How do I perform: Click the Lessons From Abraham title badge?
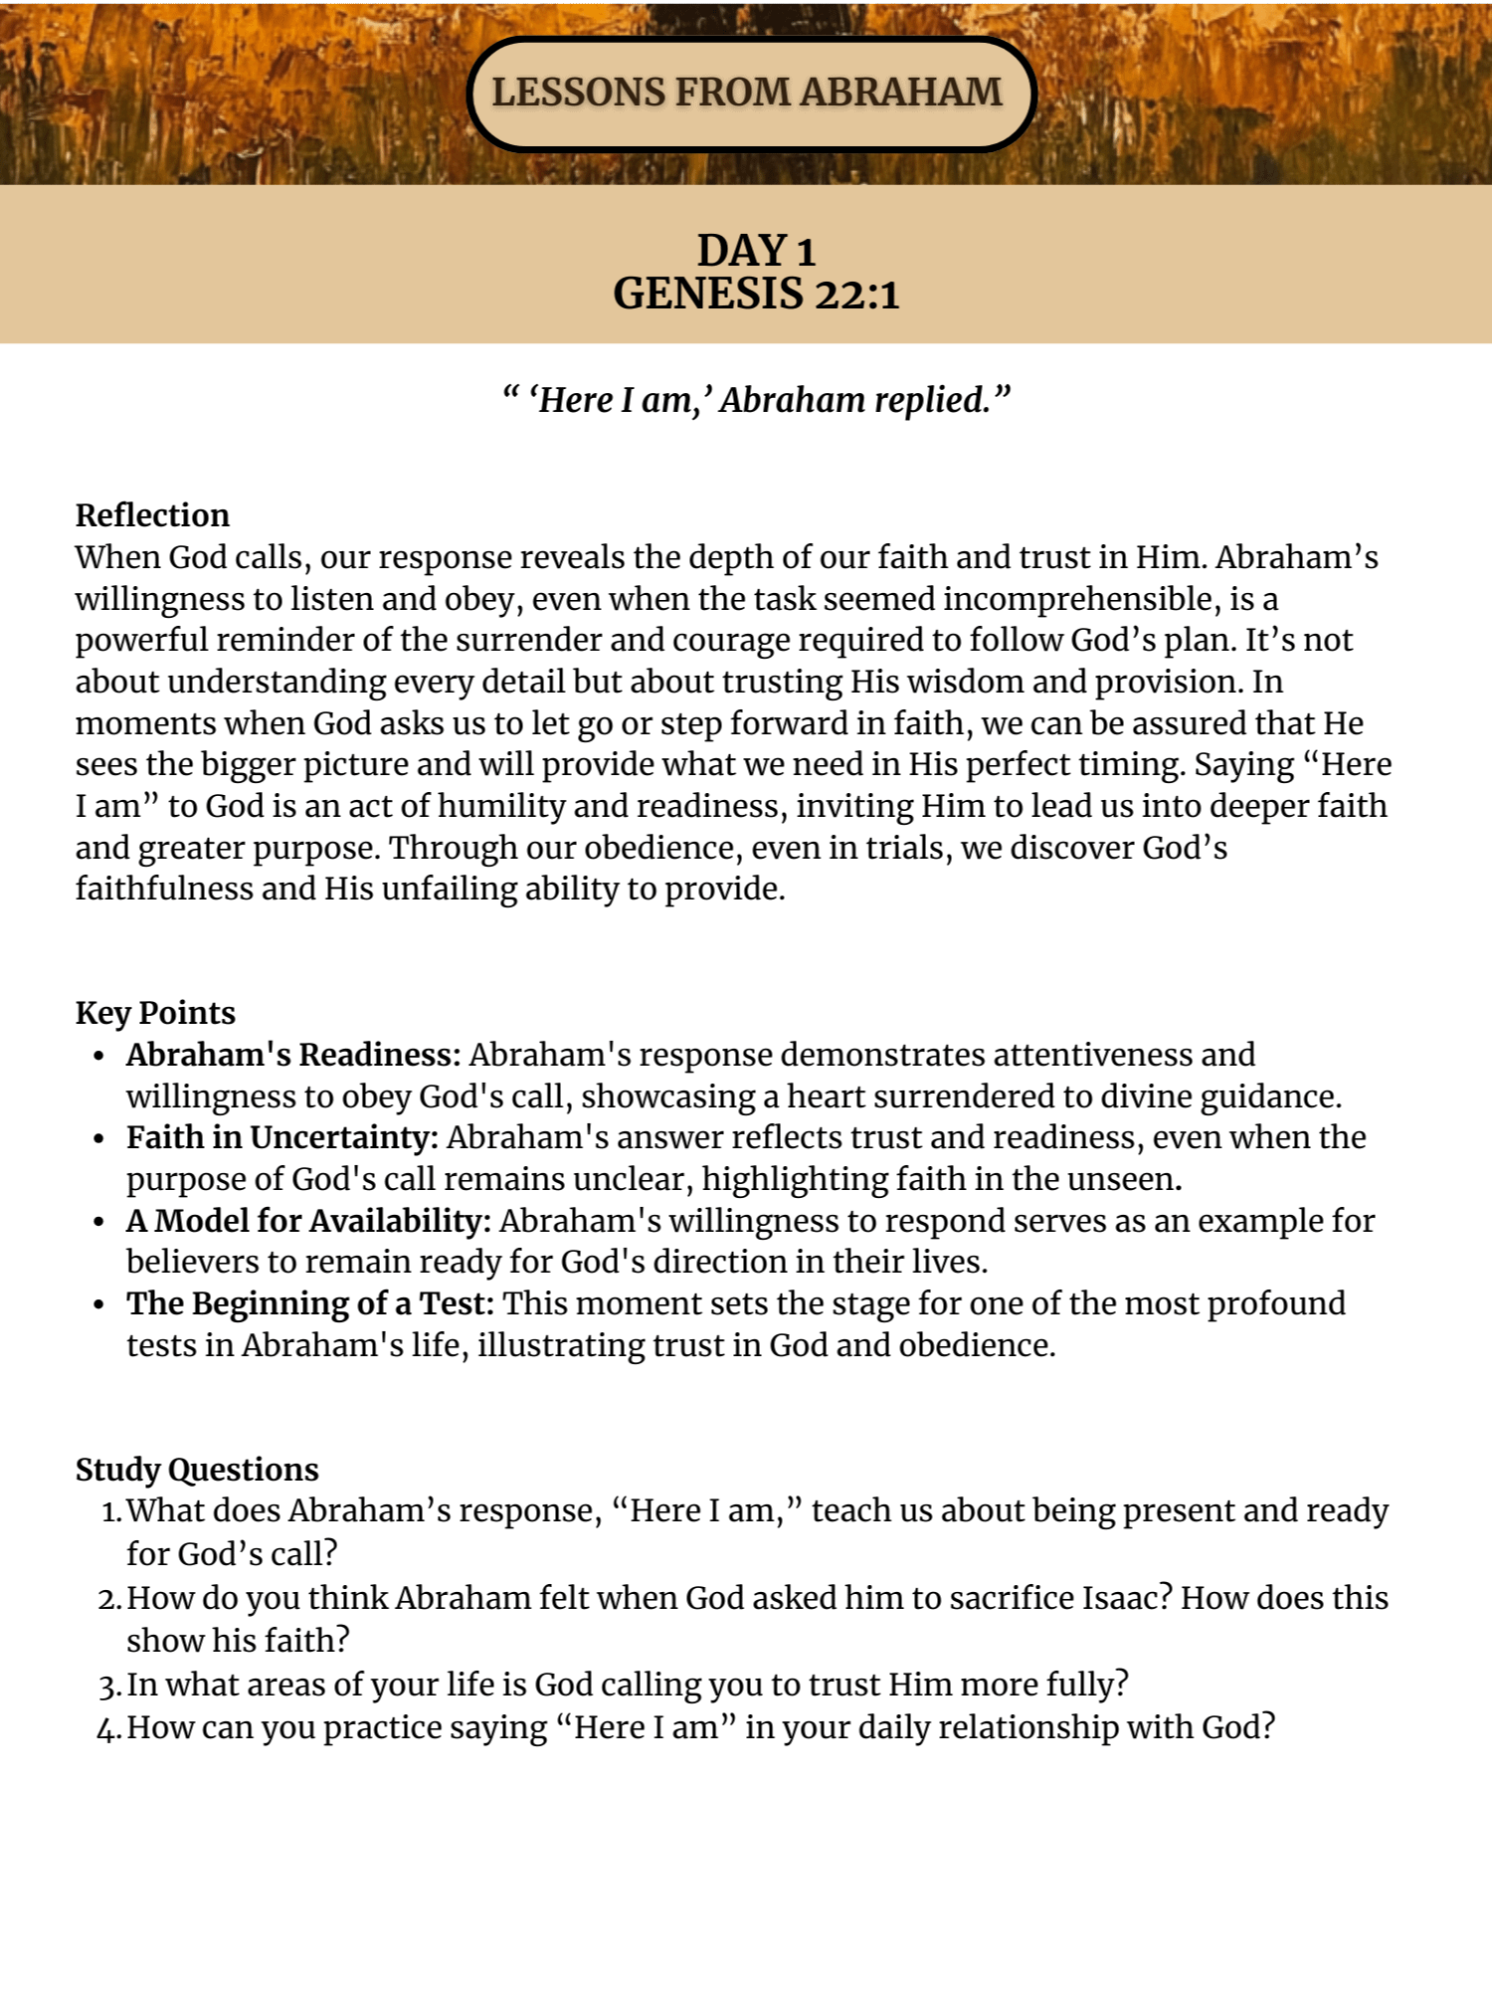point(751,94)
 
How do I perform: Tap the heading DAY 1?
point(756,251)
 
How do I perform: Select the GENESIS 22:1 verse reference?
point(756,295)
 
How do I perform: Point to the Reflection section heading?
point(152,515)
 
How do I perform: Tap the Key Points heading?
point(155,1013)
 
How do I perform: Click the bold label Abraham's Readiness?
point(293,1055)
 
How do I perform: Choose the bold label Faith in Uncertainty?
point(282,1137)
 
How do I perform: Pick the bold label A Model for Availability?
point(308,1221)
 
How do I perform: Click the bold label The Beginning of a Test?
point(309,1303)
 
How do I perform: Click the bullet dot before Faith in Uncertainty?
point(98,1139)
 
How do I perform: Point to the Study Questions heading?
point(197,1470)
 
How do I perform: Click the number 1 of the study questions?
point(109,1512)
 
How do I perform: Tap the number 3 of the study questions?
point(109,1686)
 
